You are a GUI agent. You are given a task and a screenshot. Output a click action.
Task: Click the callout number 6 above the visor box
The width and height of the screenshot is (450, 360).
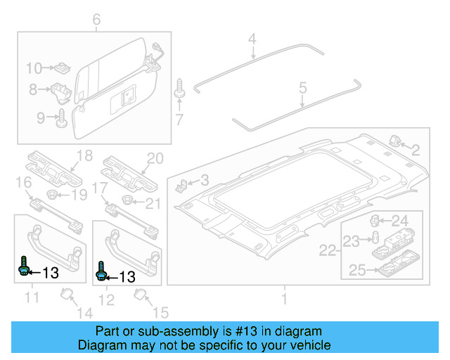[x=96, y=20]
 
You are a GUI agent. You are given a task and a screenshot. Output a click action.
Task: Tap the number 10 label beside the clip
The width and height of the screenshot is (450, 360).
[x=34, y=68]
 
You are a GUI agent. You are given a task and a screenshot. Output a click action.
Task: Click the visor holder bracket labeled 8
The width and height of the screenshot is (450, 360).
[x=60, y=91]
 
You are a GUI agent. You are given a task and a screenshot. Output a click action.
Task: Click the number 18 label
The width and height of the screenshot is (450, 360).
[x=84, y=155]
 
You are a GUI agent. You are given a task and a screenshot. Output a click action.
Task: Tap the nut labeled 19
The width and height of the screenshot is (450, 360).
[x=53, y=194]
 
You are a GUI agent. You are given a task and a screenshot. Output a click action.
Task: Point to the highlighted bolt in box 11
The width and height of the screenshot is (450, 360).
[x=24, y=267]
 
